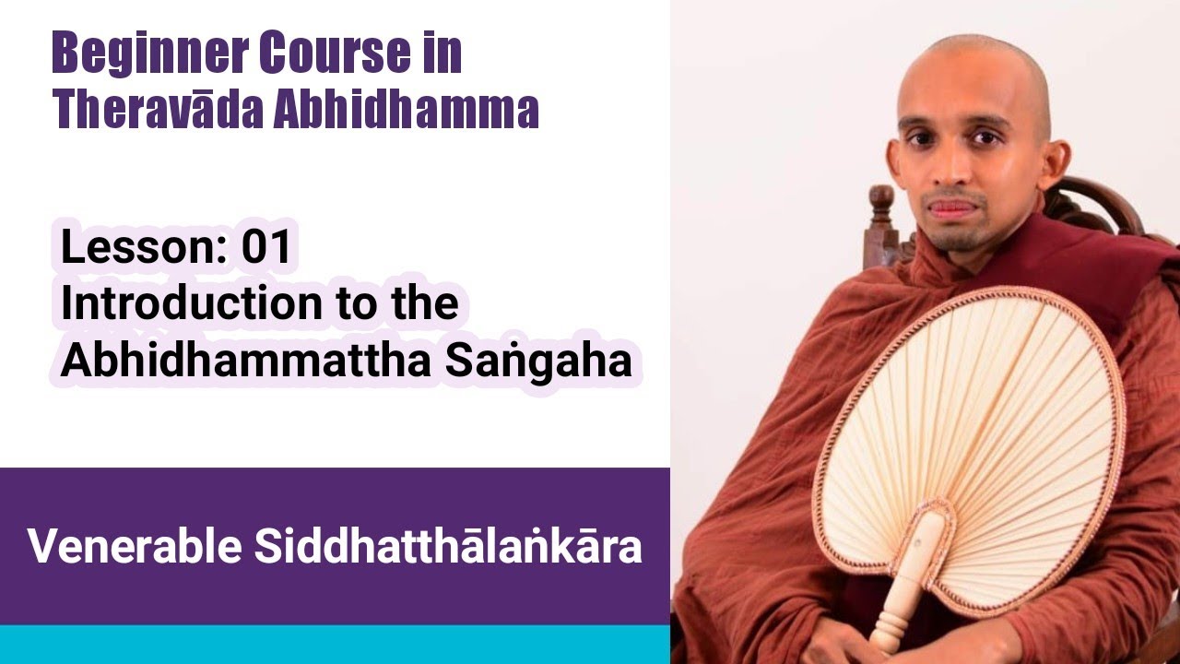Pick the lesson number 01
pos(265,248)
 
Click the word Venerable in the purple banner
pos(135,546)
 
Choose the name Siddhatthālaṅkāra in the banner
pos(448,546)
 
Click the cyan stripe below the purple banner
pos(335,644)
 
